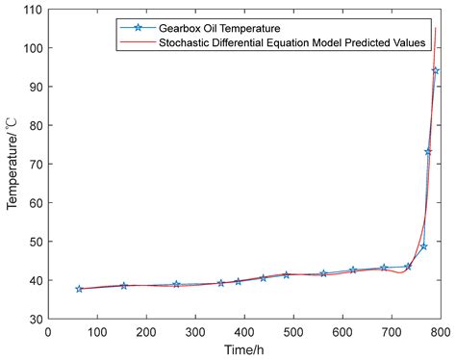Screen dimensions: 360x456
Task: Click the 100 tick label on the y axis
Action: point(32,48)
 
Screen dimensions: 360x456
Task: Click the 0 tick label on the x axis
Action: point(48,332)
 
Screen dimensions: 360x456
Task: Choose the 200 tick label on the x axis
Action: point(146,332)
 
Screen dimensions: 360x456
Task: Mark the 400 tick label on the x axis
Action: point(244,332)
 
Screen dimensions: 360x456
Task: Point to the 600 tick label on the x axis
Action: point(342,332)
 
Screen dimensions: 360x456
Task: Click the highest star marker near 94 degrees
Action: point(436,70)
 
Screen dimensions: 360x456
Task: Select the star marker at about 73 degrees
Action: point(428,152)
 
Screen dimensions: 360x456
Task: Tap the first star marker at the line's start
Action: point(79,289)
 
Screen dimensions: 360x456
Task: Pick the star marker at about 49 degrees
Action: point(423,246)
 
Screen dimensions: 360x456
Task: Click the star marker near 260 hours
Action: point(176,285)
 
